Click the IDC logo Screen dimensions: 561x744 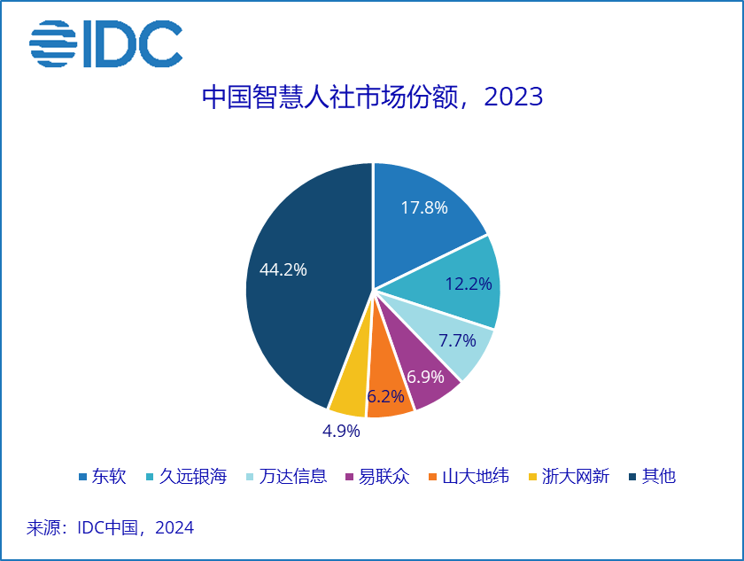[x=105, y=43]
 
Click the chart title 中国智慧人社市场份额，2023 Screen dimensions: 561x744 [x=371, y=97]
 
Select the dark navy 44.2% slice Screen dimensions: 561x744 [x=297, y=284]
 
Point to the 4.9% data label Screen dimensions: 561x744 [x=340, y=432]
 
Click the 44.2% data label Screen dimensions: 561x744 [x=283, y=270]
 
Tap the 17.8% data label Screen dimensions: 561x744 [x=423, y=208]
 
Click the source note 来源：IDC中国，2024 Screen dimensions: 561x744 [x=110, y=528]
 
